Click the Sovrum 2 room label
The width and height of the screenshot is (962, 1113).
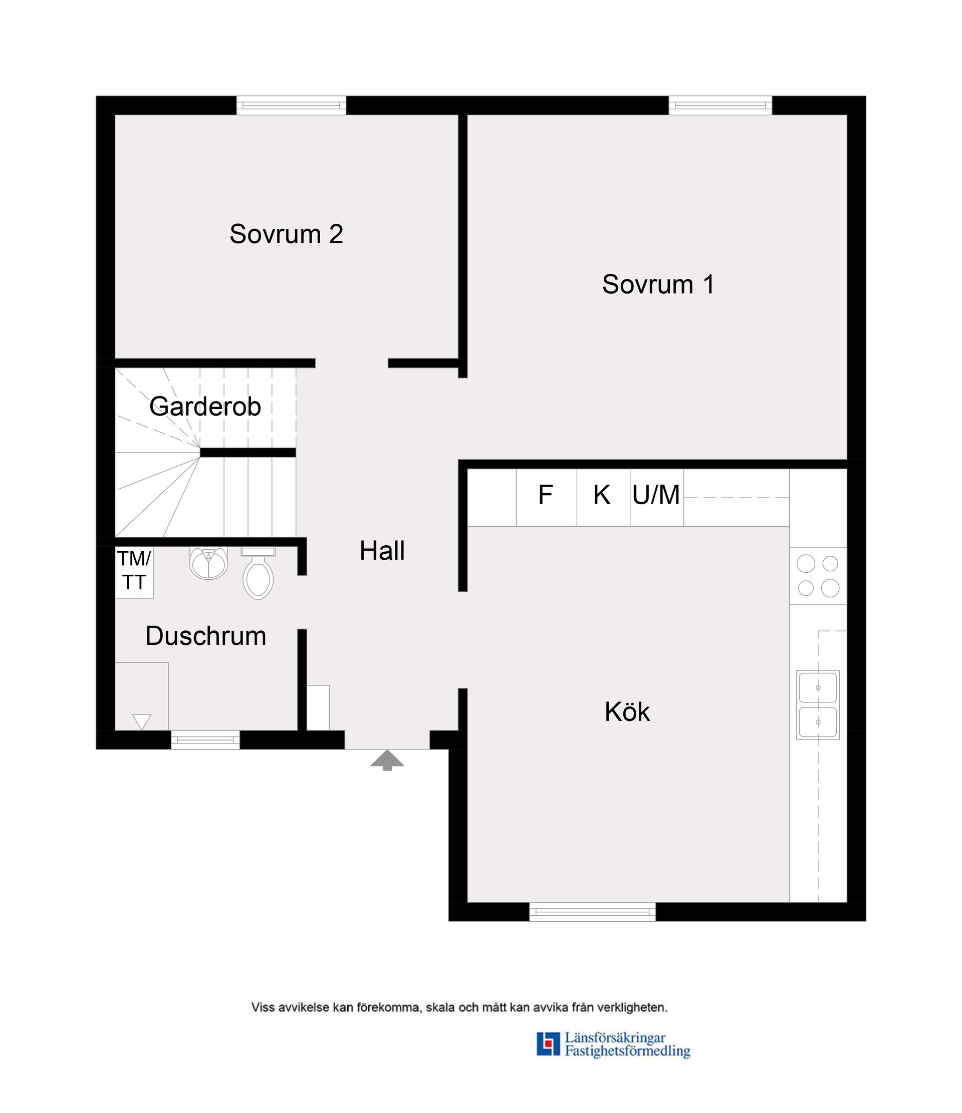(286, 234)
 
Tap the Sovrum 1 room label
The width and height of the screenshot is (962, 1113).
(658, 284)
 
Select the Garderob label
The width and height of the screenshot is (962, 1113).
(205, 407)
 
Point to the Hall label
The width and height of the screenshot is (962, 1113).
(382, 551)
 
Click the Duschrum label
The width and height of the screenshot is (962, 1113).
(206, 636)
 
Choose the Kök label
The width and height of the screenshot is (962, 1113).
(627, 712)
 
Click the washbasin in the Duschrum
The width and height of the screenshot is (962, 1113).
(208, 562)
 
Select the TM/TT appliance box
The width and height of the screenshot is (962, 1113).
(134, 572)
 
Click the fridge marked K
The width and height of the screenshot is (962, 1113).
(602, 497)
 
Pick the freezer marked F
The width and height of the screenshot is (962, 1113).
(546, 497)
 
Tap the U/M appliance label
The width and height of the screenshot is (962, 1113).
(656, 495)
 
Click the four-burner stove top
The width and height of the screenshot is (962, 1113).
(817, 576)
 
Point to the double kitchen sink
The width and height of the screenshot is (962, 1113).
(817, 705)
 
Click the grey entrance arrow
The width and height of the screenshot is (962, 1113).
(387, 761)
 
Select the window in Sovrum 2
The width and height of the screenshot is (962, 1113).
(291, 105)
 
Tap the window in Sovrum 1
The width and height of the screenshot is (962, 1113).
(720, 105)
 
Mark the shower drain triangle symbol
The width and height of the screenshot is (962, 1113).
(142, 721)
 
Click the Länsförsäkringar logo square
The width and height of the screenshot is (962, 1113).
(548, 1044)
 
